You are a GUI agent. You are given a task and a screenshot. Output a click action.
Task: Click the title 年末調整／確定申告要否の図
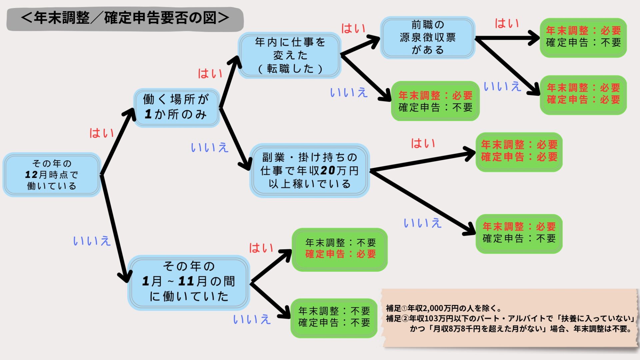125,18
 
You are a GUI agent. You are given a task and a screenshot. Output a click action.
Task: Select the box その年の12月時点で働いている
52,175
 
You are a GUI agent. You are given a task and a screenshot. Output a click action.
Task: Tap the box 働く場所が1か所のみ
176,107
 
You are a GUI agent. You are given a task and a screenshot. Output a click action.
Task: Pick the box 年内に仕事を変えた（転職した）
289,55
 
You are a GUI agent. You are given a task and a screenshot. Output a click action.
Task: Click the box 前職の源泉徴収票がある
428,37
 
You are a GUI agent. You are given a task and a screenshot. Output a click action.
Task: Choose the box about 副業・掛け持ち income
309,171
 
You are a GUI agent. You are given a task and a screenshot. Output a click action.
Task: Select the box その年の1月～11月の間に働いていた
189,282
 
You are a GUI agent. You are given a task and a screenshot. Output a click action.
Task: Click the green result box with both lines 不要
334,317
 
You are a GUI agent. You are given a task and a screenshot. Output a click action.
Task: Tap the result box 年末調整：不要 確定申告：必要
340,249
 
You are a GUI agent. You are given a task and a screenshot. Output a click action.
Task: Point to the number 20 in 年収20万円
327,171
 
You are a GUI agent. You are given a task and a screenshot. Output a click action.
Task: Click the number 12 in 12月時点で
31,175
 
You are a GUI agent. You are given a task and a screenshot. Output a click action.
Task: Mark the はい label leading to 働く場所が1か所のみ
101,133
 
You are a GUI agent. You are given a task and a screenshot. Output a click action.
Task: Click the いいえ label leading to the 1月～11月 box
91,241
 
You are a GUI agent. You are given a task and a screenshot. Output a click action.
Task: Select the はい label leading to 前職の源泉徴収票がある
353,29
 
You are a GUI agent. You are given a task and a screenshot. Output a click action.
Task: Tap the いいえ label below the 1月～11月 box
252,319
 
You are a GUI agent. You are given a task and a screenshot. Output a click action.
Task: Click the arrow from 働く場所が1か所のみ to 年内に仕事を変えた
230,82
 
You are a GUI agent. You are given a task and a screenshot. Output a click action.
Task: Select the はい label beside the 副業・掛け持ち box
423,144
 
